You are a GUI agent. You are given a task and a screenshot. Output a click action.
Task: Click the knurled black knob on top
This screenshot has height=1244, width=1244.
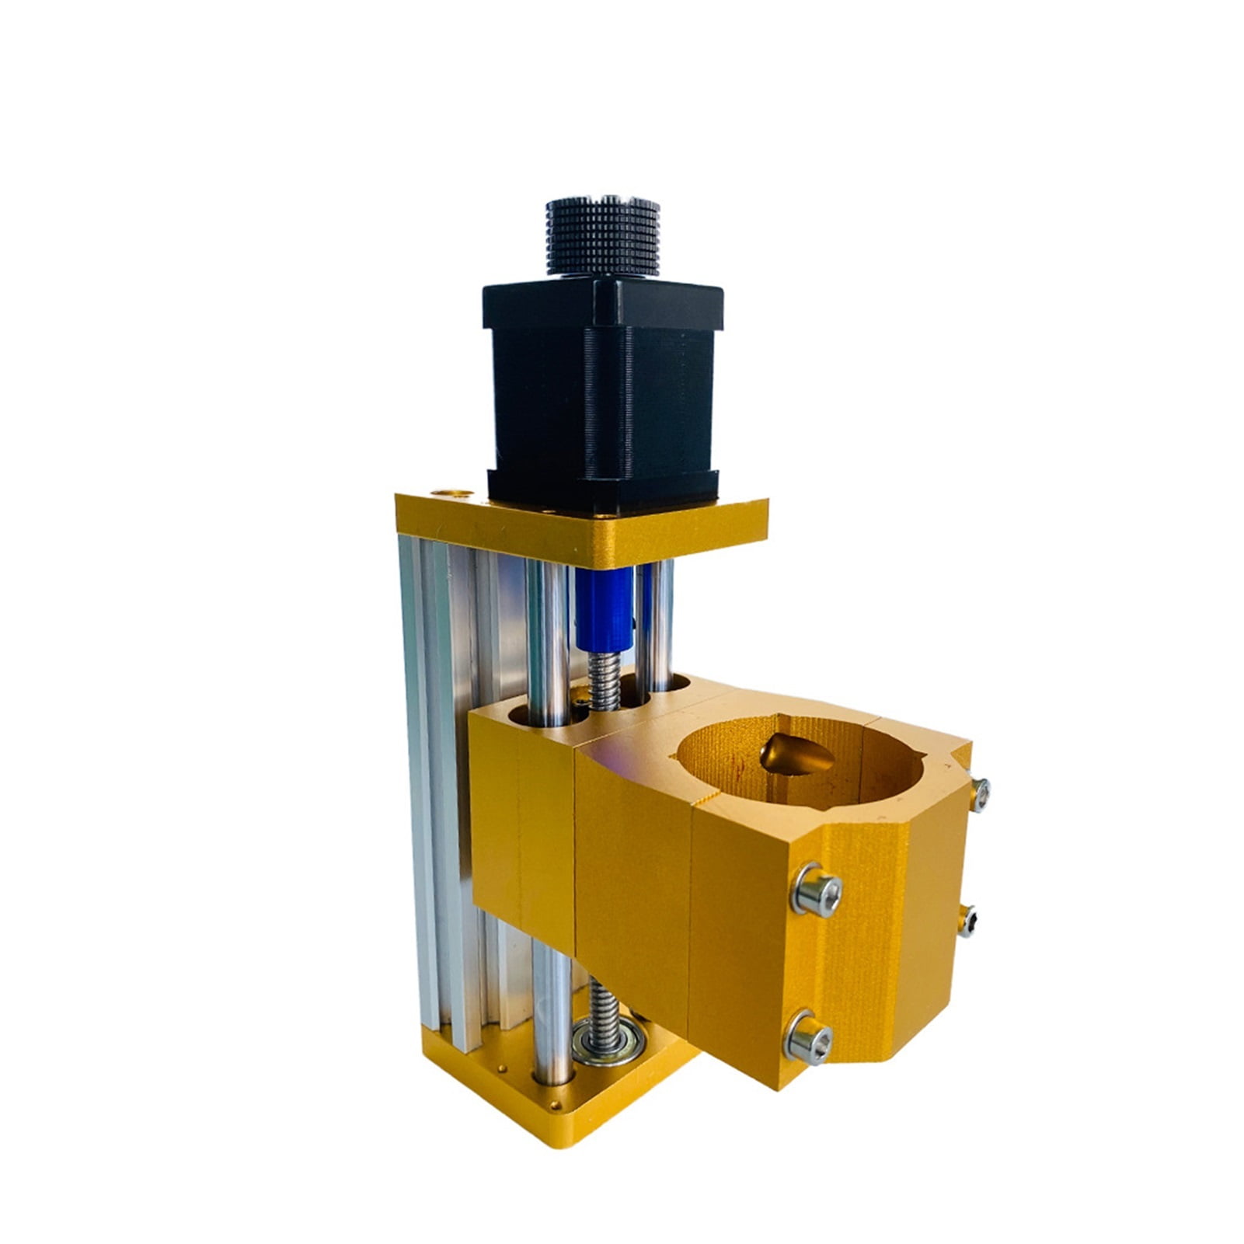(602, 237)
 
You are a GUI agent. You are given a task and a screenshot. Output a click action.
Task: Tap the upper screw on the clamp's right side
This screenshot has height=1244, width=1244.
(980, 795)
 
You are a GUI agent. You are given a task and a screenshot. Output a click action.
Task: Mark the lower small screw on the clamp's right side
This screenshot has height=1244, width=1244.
(967, 921)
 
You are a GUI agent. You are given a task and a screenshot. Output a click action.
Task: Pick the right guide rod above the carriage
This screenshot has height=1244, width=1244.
(657, 622)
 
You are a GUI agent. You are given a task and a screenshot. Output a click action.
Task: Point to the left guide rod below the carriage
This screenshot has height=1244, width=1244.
(552, 1010)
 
